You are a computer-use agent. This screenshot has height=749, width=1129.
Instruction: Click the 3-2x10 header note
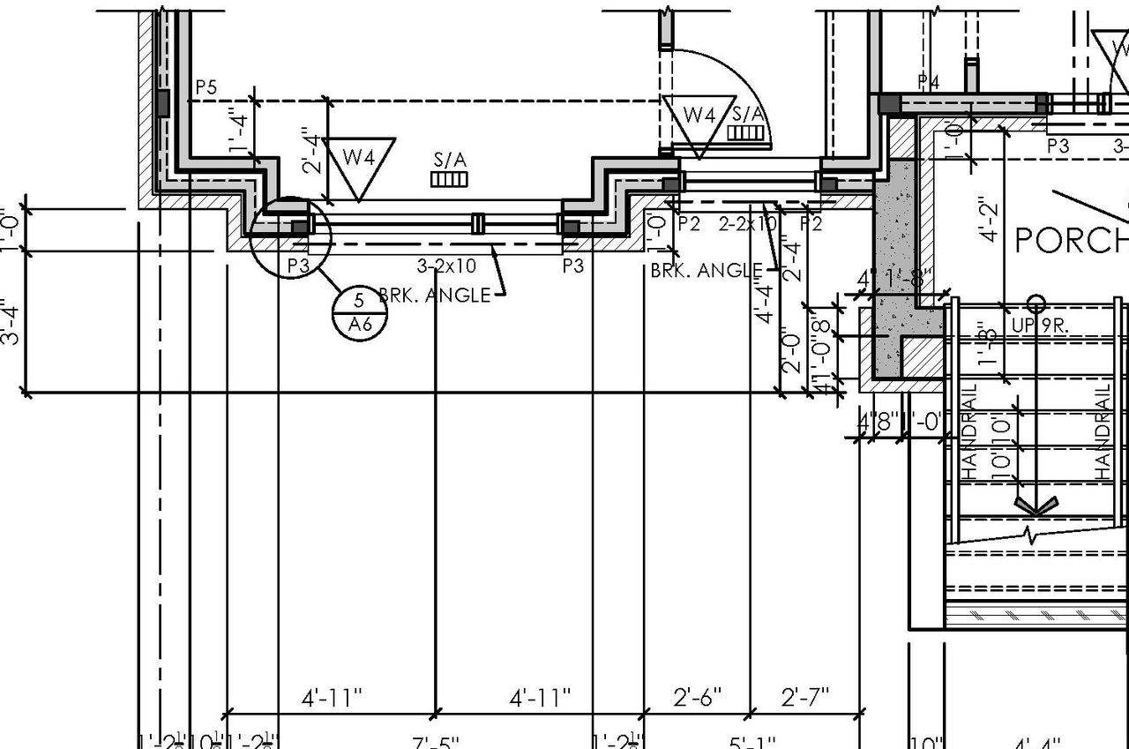click(x=446, y=265)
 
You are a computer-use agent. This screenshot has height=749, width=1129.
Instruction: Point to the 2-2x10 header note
click(x=748, y=224)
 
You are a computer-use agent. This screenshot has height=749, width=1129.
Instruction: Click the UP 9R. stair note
click(x=1040, y=326)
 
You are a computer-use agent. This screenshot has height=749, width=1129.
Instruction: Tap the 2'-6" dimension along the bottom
click(x=698, y=698)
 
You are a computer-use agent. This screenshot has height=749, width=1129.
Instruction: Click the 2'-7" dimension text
click(x=805, y=698)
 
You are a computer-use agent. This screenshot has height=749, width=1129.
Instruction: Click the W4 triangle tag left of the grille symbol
click(x=359, y=161)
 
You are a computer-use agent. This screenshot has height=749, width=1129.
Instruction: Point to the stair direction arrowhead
click(x=1036, y=506)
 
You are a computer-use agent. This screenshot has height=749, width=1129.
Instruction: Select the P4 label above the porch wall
click(x=929, y=82)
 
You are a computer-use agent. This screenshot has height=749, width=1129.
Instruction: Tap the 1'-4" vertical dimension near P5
click(x=236, y=131)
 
